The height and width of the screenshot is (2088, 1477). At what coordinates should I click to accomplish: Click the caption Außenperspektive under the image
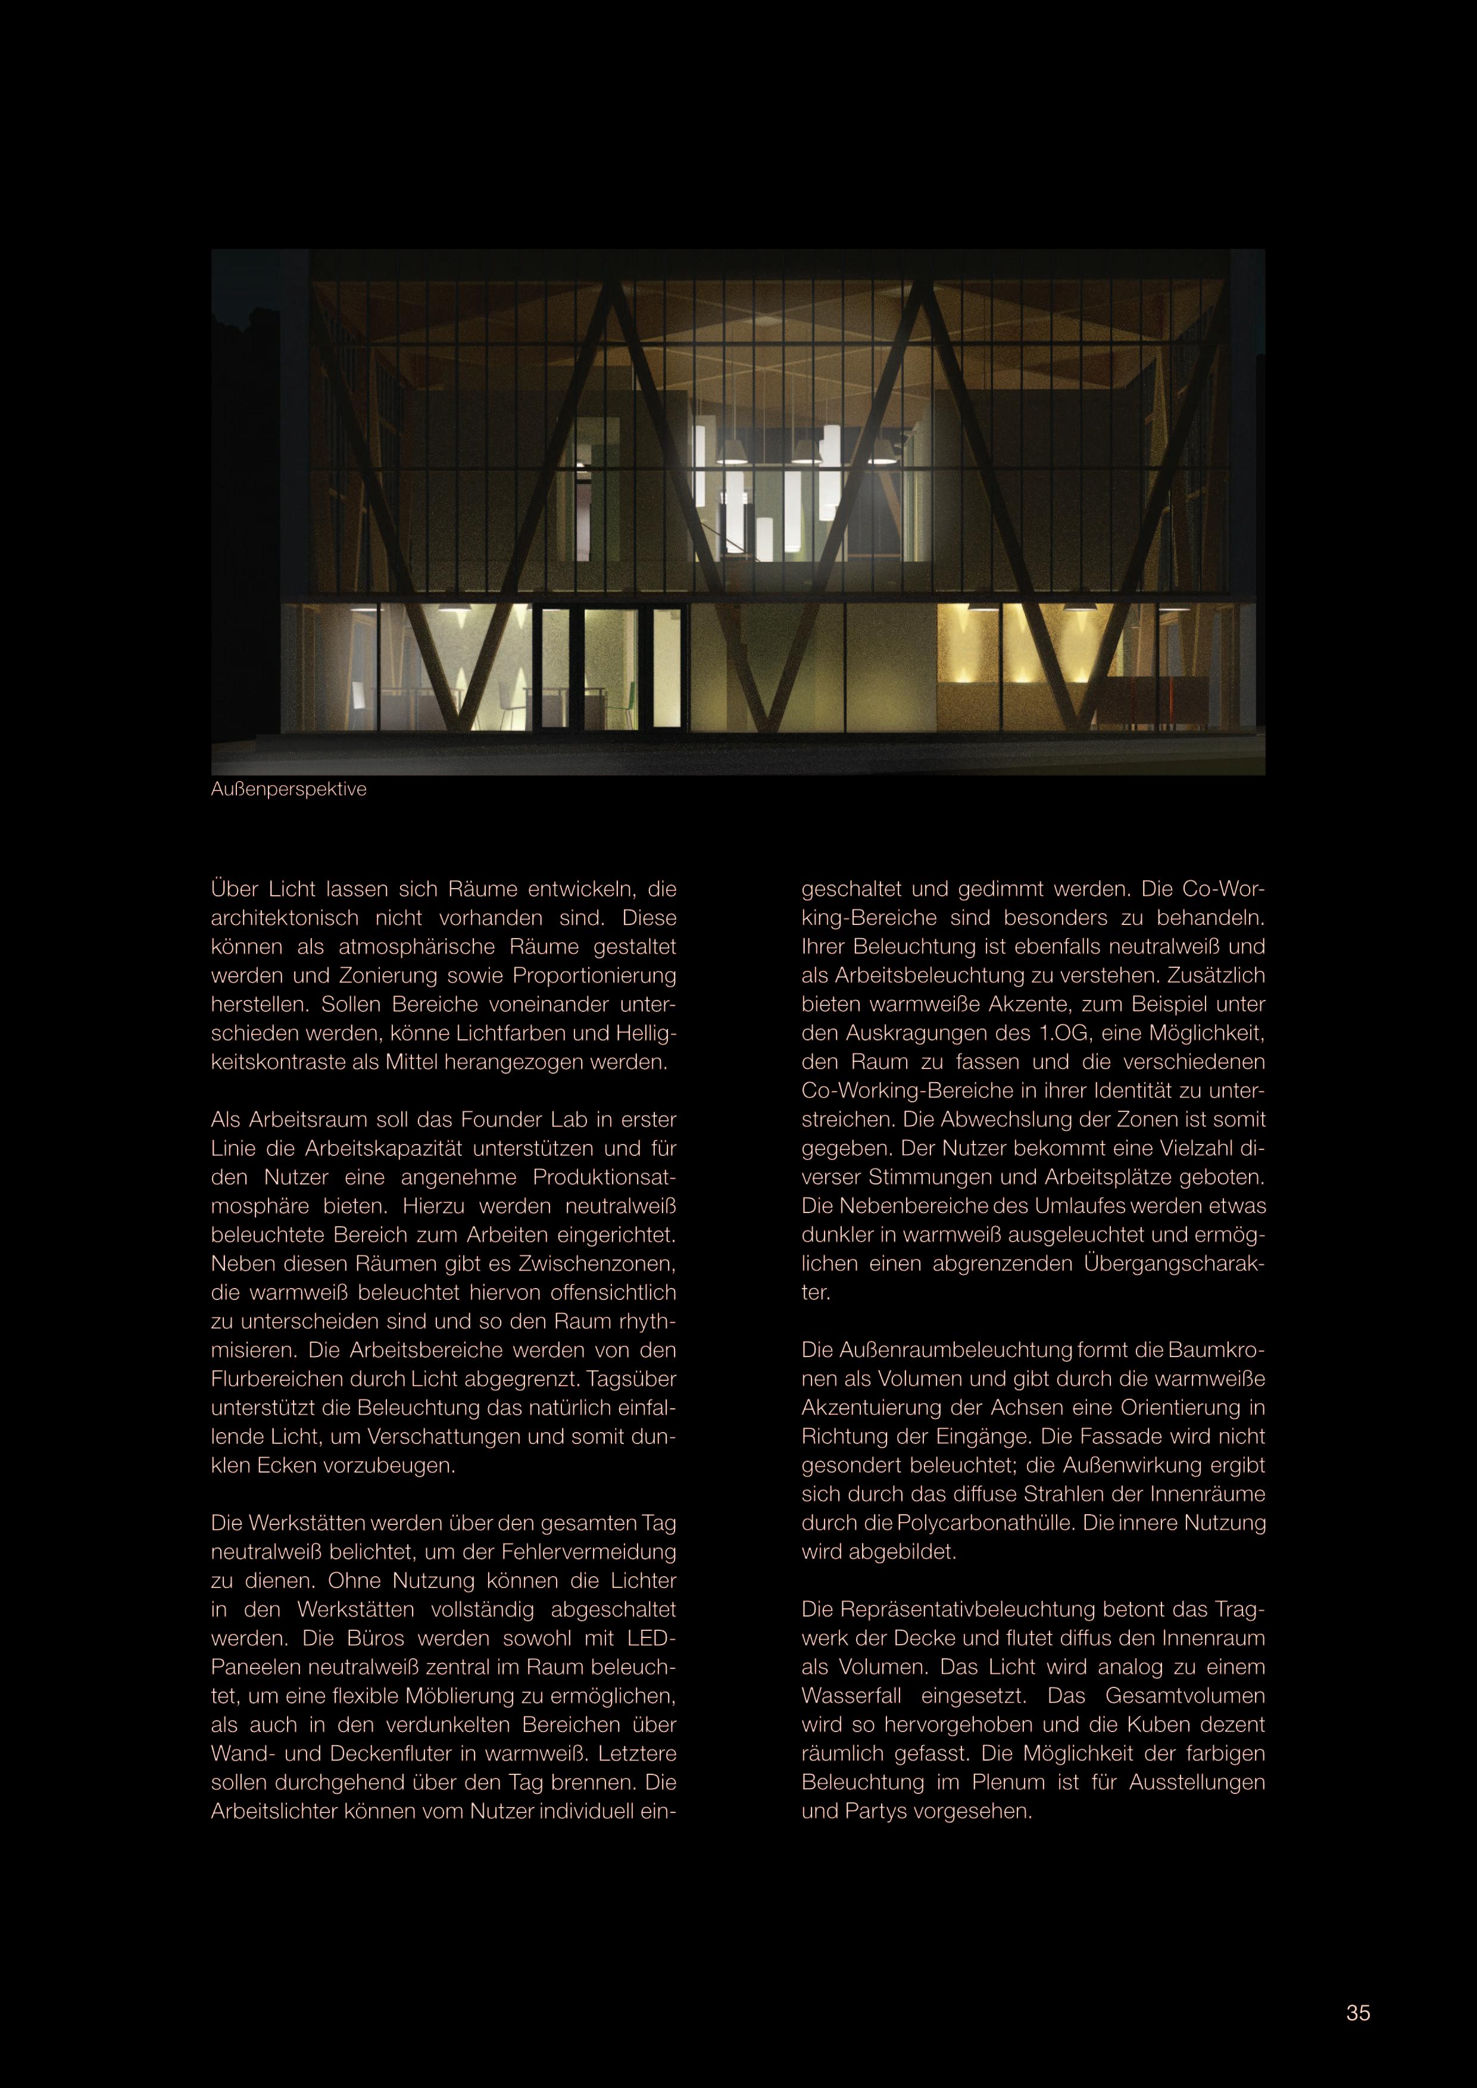288,789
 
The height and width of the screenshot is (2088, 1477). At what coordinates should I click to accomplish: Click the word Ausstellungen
1197,1783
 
